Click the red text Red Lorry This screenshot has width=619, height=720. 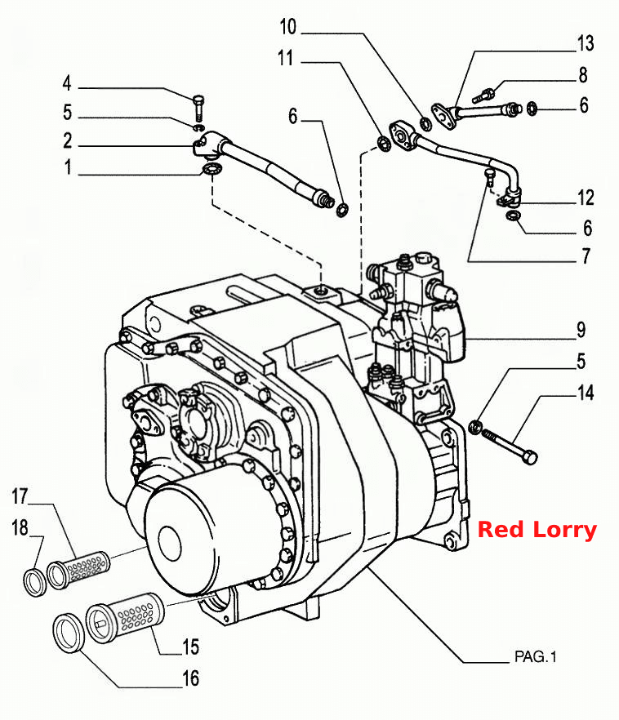coord(537,530)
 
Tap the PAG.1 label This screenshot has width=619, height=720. coord(536,656)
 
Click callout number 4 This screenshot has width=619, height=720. coord(67,83)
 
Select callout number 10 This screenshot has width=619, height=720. coord(288,27)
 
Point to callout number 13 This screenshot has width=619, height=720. coord(586,43)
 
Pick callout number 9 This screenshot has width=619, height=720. coord(581,330)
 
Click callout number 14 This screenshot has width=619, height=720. coord(586,393)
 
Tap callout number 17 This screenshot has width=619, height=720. coord(20,496)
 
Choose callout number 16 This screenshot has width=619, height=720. coord(191,678)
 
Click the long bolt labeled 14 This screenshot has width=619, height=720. coord(510,445)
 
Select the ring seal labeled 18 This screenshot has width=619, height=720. coord(35,582)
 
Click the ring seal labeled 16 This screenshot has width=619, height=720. coord(69,633)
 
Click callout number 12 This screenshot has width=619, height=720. coord(586,198)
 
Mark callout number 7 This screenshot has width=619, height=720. coord(586,256)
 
